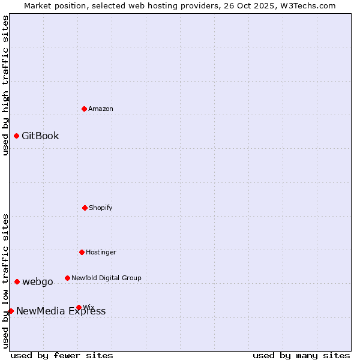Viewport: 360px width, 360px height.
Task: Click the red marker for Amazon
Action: [x=84, y=109]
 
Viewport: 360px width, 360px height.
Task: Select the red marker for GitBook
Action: [x=16, y=136]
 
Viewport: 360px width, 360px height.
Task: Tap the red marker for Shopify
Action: [x=85, y=208]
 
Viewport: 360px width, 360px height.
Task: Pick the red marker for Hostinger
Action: [x=82, y=252]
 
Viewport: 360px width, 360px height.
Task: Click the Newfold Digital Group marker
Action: [x=67, y=278]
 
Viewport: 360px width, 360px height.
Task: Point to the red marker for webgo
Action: [x=17, y=281]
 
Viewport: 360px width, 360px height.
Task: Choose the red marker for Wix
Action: [x=79, y=307]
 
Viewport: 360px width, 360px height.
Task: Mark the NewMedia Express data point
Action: [x=11, y=311]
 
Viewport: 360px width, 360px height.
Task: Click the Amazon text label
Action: [x=101, y=109]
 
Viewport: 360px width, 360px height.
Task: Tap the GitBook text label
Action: [x=40, y=136]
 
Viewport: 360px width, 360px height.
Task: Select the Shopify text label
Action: [x=101, y=208]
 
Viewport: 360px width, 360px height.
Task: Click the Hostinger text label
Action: [x=101, y=252]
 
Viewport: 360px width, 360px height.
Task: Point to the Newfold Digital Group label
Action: [x=106, y=278]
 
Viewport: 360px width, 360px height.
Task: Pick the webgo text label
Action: [x=38, y=281]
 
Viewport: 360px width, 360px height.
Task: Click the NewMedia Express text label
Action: [x=61, y=311]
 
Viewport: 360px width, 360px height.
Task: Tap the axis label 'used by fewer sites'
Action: [x=62, y=355]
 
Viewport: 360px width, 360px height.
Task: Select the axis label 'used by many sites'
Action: [x=301, y=355]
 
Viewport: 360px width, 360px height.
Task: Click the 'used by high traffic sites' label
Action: [x=5, y=85]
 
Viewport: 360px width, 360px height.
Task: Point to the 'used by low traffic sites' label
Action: [x=5, y=280]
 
